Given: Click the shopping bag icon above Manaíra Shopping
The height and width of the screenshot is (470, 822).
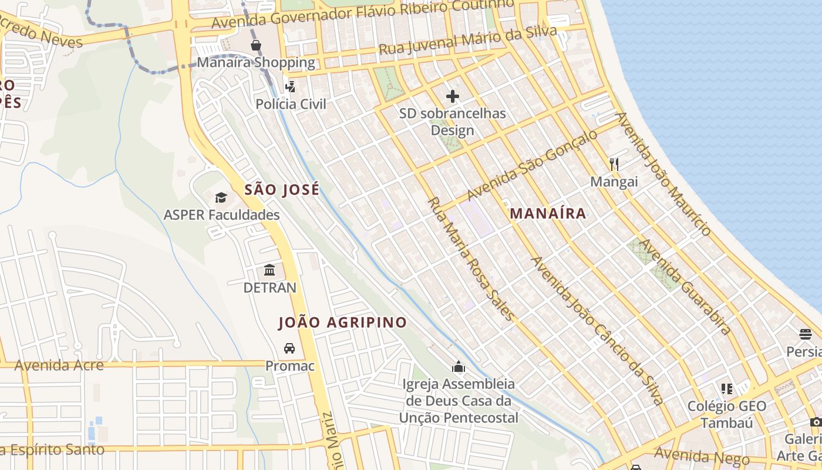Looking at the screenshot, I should (256, 45).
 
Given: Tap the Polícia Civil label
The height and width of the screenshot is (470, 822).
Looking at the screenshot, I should (291, 104).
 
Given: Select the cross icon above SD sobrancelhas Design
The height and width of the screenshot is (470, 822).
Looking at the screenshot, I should (453, 96).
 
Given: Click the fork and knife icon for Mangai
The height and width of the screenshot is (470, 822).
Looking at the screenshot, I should (614, 164).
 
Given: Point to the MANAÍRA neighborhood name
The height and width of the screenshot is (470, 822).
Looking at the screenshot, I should (548, 213).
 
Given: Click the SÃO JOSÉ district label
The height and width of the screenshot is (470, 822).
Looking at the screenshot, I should (282, 190).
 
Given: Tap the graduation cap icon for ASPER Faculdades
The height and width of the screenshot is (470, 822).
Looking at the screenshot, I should (221, 197).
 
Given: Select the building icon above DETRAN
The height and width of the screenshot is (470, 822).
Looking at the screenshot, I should (269, 270).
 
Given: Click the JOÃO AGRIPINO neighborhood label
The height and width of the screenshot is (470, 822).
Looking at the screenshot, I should (342, 323).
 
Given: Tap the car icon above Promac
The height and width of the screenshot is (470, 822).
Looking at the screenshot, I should (289, 348).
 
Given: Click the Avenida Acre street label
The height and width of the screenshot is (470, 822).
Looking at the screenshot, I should (59, 365).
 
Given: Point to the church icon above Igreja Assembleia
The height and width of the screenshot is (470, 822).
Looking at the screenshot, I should (459, 367).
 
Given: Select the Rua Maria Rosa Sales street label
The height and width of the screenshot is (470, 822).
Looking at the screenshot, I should (471, 259).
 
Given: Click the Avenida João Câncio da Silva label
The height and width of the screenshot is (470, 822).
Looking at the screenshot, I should (597, 331).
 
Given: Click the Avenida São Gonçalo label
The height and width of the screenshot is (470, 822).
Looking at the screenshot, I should (532, 165).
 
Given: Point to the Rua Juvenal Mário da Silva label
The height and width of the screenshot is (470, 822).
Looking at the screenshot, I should (467, 41).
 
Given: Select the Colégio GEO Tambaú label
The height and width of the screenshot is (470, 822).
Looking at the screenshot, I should (726, 414).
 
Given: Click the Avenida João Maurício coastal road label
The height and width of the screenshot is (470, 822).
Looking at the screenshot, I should (663, 174).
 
